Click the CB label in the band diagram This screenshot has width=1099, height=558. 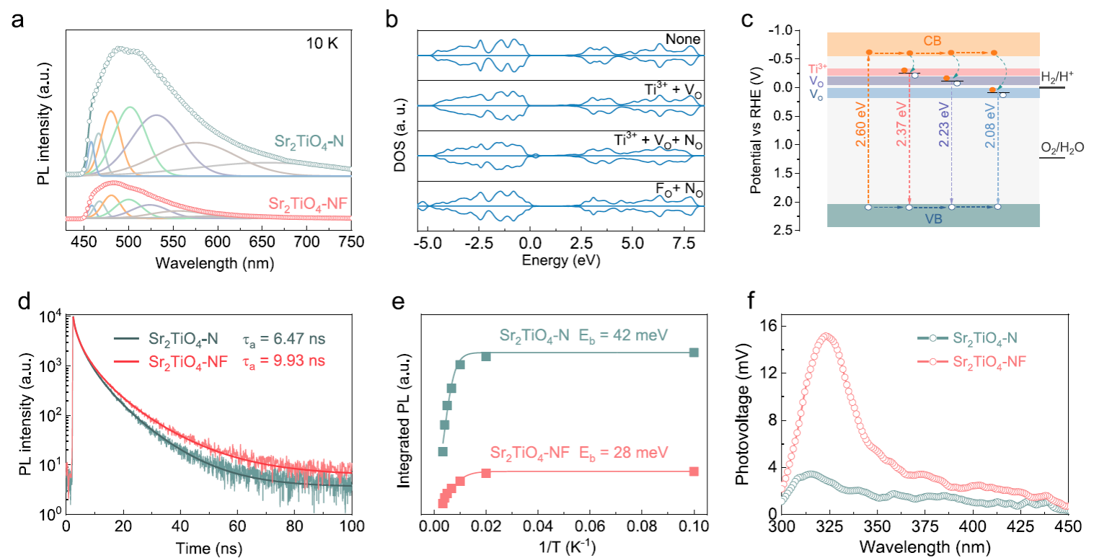[x=932, y=39]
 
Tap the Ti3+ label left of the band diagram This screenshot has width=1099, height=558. [x=816, y=70]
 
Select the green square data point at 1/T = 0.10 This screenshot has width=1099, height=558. [x=694, y=353]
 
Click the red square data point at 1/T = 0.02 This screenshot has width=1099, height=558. [x=486, y=474]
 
